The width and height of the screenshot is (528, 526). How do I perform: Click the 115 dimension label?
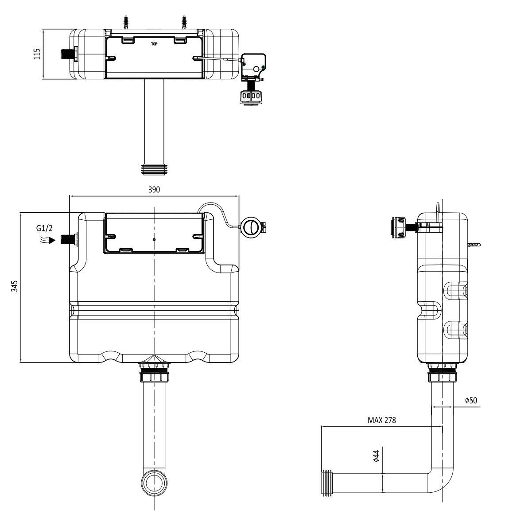[x=37, y=54]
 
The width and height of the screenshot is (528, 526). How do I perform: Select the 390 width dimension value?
[x=154, y=189]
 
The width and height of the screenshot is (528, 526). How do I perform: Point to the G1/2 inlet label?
[x=45, y=229]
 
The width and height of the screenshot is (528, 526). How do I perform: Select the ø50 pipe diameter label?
[x=471, y=400]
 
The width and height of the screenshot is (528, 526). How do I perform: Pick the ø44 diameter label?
[x=376, y=456]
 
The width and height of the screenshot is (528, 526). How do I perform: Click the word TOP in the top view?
[x=154, y=43]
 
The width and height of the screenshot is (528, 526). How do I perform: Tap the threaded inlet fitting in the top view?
[x=66, y=54]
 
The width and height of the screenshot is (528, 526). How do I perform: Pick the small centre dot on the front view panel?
[x=154, y=239]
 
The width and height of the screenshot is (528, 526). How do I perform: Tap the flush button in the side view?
[x=399, y=227]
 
